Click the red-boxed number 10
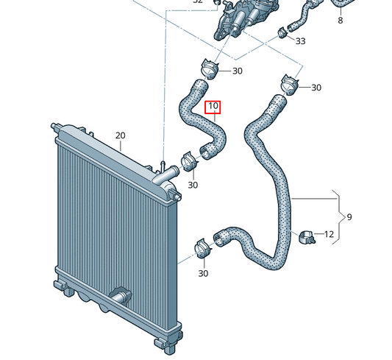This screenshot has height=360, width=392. tap(213, 107)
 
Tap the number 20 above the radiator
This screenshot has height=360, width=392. tap(121, 135)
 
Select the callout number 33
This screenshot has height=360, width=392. tap(300, 41)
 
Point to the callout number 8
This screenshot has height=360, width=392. tap(340, 21)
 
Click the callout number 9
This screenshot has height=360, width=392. tap(349, 217)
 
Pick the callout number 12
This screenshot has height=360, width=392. tap(329, 235)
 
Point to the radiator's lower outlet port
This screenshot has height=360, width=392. tap(118, 297)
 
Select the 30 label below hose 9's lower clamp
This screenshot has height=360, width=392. tap(203, 274)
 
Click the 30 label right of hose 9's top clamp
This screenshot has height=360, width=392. tap(316, 88)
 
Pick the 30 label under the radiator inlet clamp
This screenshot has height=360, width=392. tap(193, 185)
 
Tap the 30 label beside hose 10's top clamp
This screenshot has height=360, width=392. tap(237, 71)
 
